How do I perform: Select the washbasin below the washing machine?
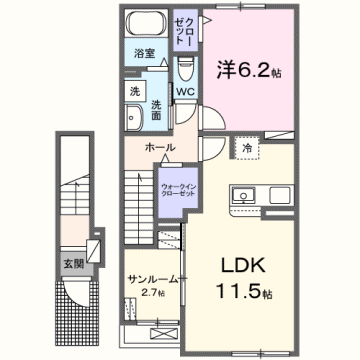click(135, 118)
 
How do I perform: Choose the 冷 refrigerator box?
click(248, 147)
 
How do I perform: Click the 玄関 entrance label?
click(74, 264)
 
